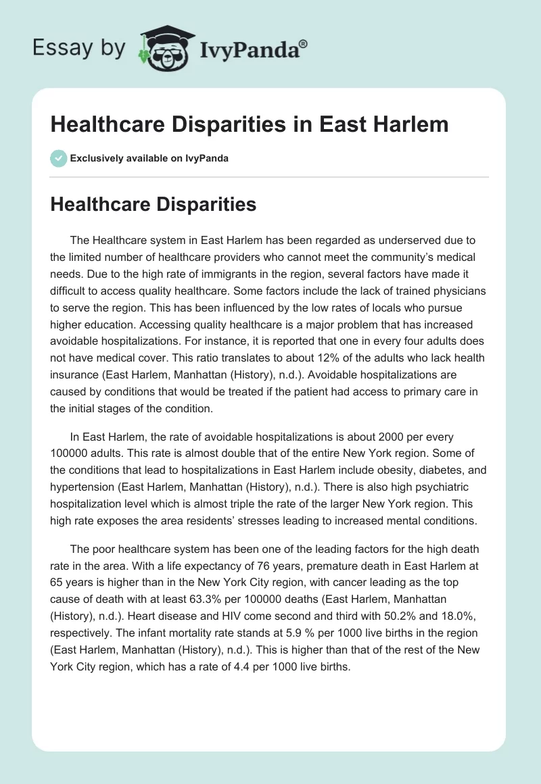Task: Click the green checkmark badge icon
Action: (x=58, y=158)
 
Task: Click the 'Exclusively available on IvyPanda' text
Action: (x=149, y=158)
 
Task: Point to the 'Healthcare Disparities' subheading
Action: (x=153, y=204)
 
